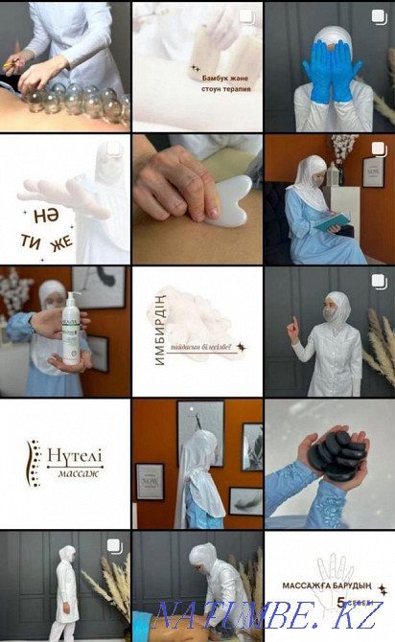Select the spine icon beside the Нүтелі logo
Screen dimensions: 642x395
pos(35,462)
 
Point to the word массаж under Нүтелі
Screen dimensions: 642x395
pos(76,474)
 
